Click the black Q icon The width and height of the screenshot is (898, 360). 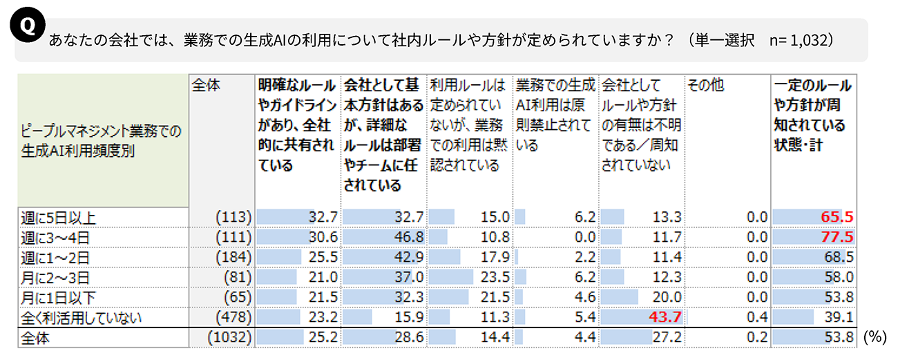coord(27,26)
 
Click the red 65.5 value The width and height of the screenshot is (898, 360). coord(837,218)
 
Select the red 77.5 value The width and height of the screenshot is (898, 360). coord(837,237)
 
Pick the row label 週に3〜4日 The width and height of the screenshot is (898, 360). coord(56,237)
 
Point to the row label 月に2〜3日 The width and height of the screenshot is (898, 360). coord(56,277)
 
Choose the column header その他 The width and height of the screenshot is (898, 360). coord(705,86)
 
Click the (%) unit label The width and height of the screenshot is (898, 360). coord(875,337)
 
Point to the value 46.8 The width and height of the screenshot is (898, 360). coord(409,237)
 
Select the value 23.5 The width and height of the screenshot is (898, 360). coord(495,277)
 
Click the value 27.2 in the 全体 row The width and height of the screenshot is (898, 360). coord(666,339)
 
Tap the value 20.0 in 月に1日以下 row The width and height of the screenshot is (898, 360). coord(666,298)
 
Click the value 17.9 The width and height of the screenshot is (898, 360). coord(495,257)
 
